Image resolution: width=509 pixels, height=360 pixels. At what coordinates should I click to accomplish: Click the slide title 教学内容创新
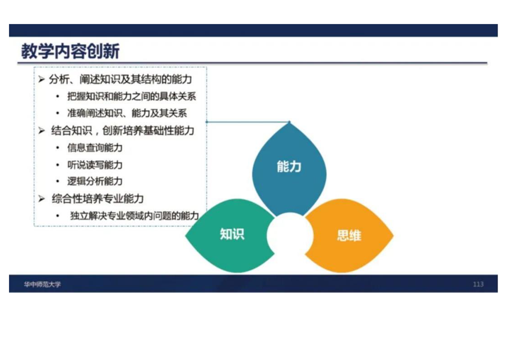[x=70, y=51]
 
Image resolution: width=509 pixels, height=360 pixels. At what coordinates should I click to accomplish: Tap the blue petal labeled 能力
[x=289, y=169]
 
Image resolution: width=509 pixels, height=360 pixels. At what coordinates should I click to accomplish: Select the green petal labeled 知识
[x=231, y=235]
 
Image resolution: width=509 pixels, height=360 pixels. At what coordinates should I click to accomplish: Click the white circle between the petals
[x=290, y=235]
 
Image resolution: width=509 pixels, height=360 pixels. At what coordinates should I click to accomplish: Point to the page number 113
[x=478, y=284]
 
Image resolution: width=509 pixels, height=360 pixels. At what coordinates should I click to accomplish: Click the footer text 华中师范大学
[x=42, y=284]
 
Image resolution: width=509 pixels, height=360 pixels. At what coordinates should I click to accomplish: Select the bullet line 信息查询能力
[x=95, y=148]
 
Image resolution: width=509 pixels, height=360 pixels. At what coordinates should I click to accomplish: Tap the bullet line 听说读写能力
[x=95, y=165]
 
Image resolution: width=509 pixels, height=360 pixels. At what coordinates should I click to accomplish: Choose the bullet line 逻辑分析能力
[x=95, y=181]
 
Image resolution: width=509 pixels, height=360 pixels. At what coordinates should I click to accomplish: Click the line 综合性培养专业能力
[x=98, y=198]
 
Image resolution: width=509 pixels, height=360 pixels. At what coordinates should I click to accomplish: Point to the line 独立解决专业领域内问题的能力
[x=134, y=216]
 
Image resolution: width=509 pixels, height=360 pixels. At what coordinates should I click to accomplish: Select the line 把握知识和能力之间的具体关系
[x=132, y=96]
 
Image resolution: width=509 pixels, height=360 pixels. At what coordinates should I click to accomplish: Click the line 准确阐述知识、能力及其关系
[x=127, y=113]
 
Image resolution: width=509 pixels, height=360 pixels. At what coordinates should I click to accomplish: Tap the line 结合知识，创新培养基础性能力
[x=122, y=131]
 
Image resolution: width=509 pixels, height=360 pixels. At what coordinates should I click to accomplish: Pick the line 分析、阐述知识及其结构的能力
[x=120, y=79]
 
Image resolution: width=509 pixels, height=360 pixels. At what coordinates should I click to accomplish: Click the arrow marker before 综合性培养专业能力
[x=42, y=198]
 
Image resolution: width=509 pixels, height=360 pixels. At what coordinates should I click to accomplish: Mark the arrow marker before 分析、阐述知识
[x=41, y=79]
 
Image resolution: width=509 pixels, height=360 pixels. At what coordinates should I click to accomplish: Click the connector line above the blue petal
[x=248, y=122]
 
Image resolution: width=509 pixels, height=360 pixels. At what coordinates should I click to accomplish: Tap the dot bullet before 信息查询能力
[x=58, y=148]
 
